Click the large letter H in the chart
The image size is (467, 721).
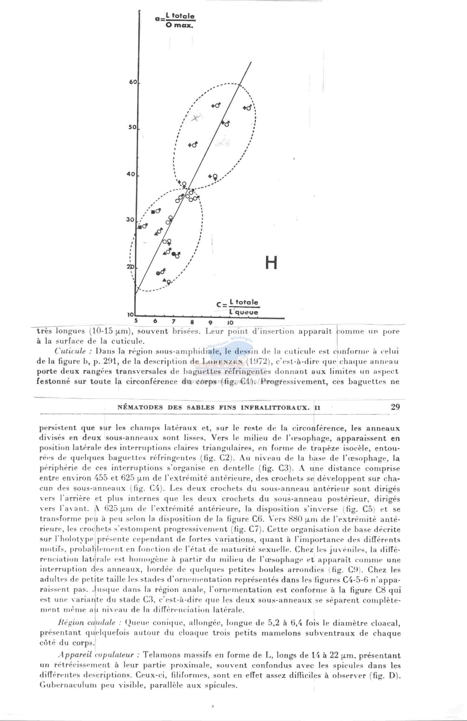click(271, 263)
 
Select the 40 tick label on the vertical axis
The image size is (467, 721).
click(131, 174)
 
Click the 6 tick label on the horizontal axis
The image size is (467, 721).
click(155, 321)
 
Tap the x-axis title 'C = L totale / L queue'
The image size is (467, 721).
click(238, 307)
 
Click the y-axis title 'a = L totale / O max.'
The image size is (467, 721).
click(176, 20)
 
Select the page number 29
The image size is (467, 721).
click(395, 407)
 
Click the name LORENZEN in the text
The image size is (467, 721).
click(222, 362)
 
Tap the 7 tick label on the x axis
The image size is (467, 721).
click(174, 321)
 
